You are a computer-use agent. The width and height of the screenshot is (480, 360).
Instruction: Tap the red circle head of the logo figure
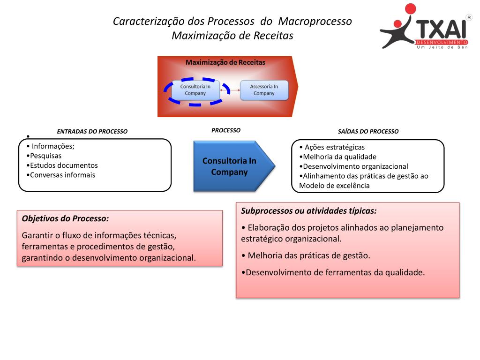[411, 9]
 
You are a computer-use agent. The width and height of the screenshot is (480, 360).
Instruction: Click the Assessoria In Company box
[264, 90]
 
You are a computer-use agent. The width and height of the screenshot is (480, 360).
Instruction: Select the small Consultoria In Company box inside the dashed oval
[195, 90]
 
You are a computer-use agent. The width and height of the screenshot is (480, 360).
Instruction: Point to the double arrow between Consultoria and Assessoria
[230, 90]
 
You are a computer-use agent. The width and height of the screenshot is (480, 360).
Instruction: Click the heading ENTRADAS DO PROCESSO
[92, 132]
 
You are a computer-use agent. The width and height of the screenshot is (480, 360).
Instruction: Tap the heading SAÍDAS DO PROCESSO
[368, 132]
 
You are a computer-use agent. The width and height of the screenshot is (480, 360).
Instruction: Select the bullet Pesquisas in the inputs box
[45, 156]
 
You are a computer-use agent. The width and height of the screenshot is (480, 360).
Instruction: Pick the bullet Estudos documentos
[62, 165]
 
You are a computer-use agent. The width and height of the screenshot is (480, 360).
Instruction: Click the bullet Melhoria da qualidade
[337, 157]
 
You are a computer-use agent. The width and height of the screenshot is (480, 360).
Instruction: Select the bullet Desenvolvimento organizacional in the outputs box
[353, 166]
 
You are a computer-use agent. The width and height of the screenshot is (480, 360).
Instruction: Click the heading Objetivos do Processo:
[65, 218]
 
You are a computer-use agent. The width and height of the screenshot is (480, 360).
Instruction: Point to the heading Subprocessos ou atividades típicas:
[309, 211]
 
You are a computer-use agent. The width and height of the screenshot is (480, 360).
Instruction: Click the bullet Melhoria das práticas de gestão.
[306, 256]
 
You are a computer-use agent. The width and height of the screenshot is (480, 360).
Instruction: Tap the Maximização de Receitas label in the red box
[225, 62]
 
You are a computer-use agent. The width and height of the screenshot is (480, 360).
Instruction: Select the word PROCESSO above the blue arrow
[226, 130]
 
